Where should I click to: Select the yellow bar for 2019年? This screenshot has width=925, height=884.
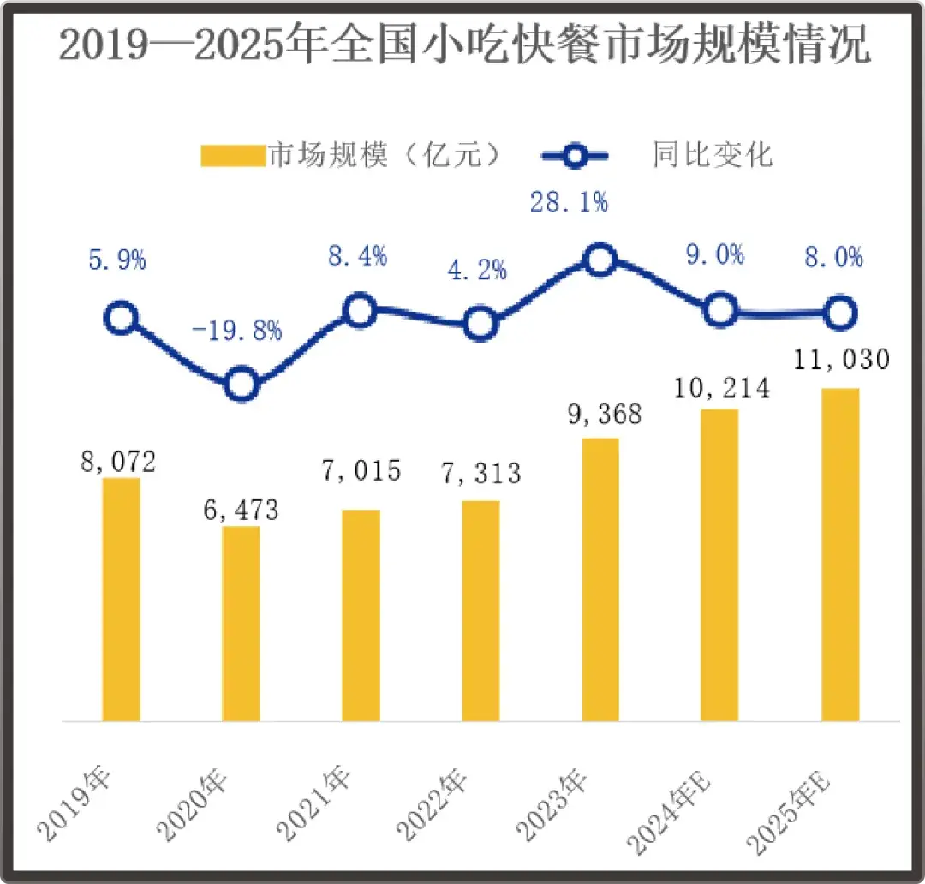point(121,600)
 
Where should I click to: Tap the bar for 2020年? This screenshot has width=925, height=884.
point(241,624)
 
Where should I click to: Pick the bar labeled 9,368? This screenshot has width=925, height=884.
point(600,580)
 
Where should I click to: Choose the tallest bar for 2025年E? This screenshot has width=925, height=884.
point(840,555)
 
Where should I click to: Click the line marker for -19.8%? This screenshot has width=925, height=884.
point(242,385)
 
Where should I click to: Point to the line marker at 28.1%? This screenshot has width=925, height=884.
point(600,260)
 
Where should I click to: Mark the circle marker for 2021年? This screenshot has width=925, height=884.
point(361,310)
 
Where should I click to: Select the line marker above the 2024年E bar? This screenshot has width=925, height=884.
point(720,310)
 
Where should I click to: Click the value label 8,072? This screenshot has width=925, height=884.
point(120,463)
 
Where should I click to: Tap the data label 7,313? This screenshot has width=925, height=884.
point(480,472)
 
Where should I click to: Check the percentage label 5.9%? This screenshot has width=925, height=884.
point(117,260)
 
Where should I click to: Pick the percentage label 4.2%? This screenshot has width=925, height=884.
point(477,272)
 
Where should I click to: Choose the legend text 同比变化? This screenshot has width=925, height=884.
point(712,155)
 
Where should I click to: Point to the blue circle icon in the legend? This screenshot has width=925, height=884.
point(576,156)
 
